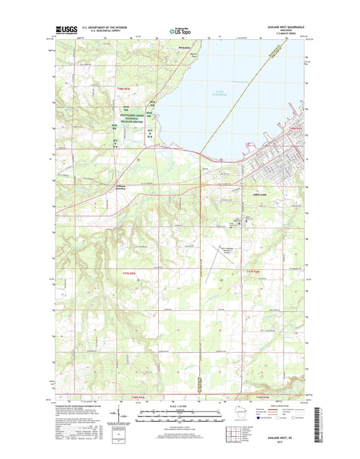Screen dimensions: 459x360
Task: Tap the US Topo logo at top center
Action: [x=178, y=30]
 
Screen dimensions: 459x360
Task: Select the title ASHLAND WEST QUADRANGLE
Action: [x=284, y=28]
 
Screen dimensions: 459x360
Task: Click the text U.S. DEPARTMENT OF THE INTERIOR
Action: [x=105, y=28]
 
